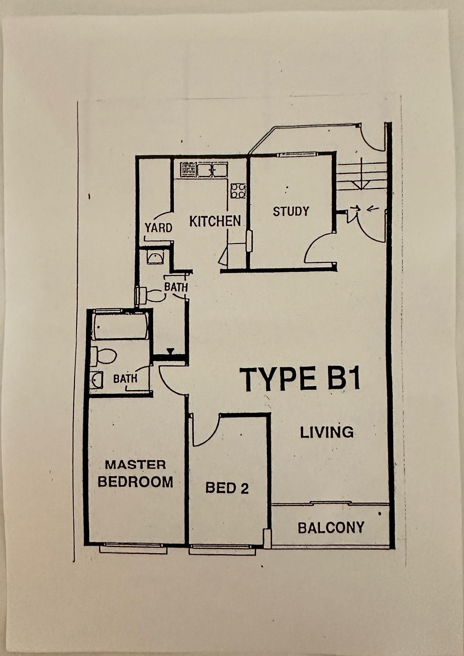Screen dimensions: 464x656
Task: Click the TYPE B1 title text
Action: click(x=300, y=379)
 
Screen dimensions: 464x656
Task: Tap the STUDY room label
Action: click(x=291, y=211)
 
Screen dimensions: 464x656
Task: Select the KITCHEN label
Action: click(x=215, y=221)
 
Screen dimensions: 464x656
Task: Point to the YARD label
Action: click(x=158, y=228)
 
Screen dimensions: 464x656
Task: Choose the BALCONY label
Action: click(x=331, y=527)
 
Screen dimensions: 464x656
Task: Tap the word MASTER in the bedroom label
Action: click(x=135, y=465)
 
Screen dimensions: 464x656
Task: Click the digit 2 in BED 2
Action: click(x=245, y=488)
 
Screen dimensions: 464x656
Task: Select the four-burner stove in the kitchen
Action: click(x=238, y=191)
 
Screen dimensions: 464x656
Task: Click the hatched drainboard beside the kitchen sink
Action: click(x=188, y=170)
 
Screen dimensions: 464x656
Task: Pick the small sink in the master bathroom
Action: click(x=96, y=380)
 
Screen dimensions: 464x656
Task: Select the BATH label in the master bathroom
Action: click(x=125, y=379)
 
